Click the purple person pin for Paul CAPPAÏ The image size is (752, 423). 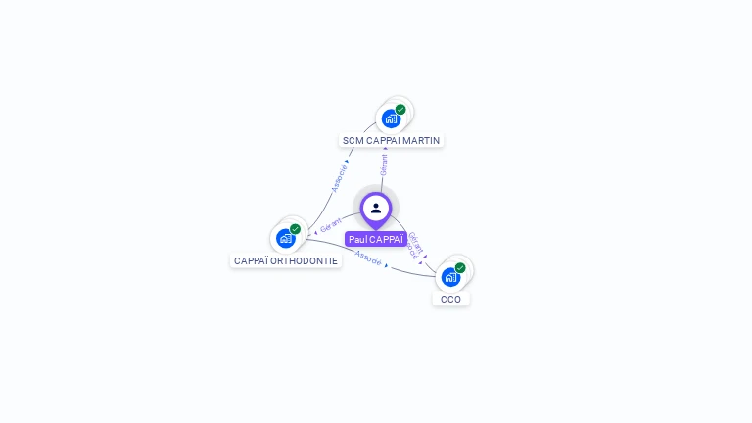click(x=376, y=209)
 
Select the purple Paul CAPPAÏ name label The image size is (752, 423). click(x=376, y=239)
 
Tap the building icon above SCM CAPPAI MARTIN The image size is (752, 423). click(x=391, y=118)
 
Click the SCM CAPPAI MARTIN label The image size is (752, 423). click(x=391, y=140)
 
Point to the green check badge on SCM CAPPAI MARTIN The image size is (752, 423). click(x=400, y=110)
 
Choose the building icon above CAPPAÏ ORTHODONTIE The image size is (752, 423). click(x=285, y=238)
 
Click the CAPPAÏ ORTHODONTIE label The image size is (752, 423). click(x=286, y=260)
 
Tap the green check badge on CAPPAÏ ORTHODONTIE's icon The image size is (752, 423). click(x=295, y=229)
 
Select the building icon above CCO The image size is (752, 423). click(x=450, y=277)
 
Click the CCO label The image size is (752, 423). click(x=450, y=299)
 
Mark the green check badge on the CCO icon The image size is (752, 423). click(x=460, y=267)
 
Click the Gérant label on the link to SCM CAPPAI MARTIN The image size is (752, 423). click(x=384, y=164)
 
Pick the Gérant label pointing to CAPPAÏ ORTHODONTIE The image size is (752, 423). click(x=331, y=225)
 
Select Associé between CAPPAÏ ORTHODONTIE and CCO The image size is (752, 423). click(x=368, y=258)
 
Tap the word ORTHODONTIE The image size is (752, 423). click(x=306, y=260)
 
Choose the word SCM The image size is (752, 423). click(x=352, y=140)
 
